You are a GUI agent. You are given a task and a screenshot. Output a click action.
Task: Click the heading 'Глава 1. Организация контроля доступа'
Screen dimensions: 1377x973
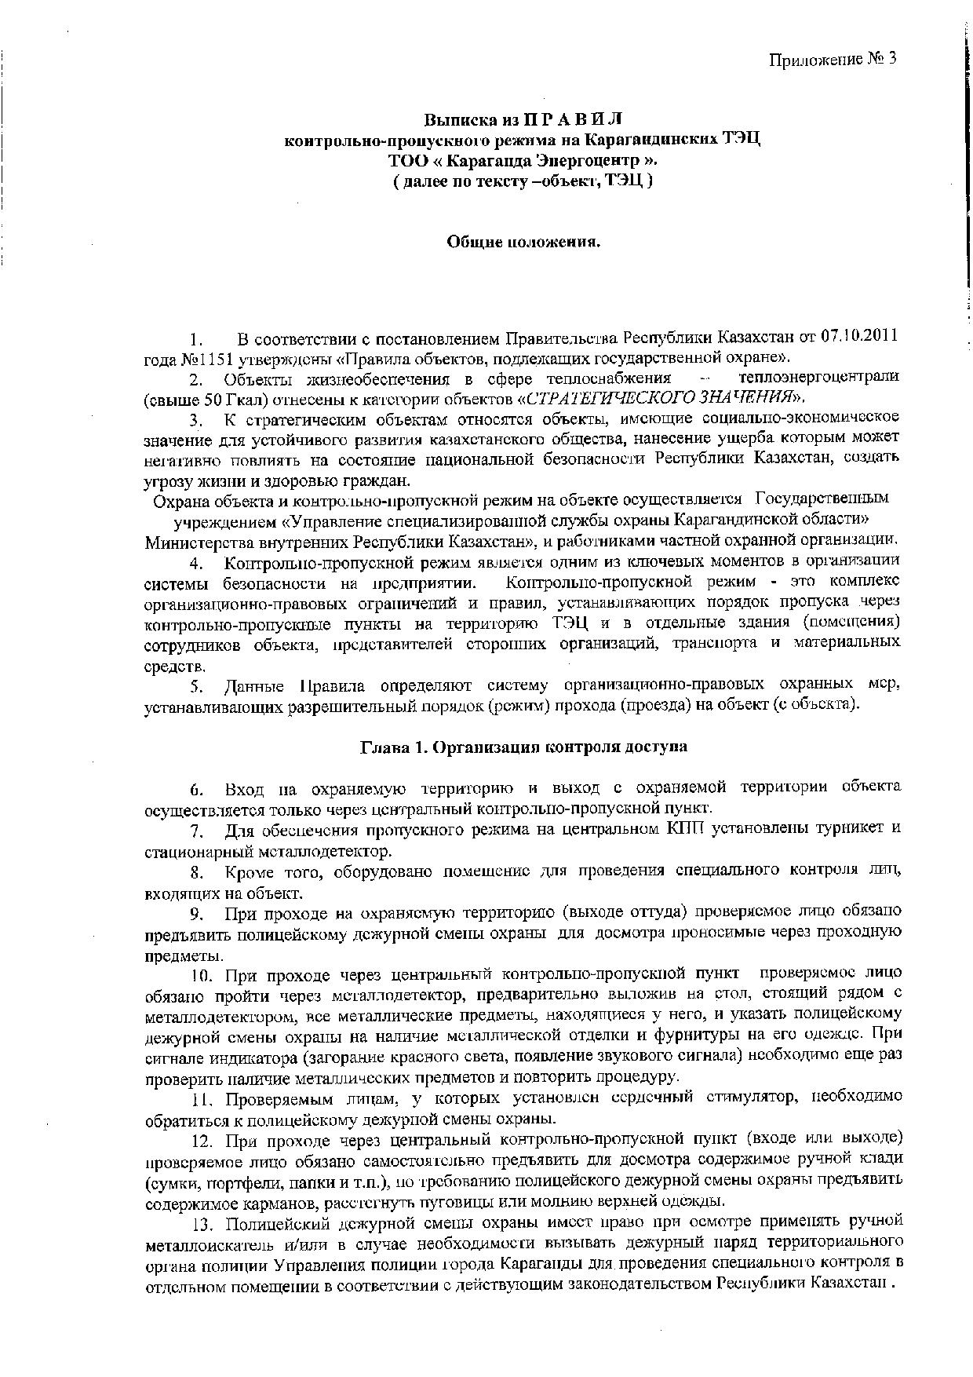(523, 747)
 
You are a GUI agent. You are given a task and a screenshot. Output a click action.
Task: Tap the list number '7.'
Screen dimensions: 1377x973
(197, 830)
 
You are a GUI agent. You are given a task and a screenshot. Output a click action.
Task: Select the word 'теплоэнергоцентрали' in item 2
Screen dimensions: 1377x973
(813, 378)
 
